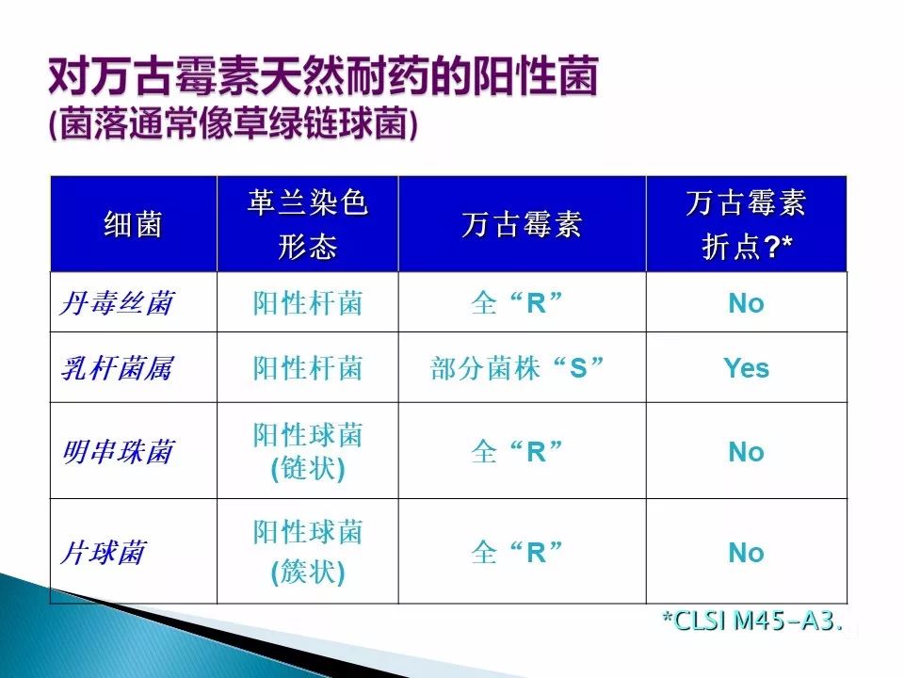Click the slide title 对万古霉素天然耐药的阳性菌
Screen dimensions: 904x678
[x=323, y=76]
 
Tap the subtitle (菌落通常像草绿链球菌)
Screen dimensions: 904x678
[x=234, y=122]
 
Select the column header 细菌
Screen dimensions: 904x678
[x=133, y=224]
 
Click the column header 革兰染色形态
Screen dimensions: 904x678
[x=307, y=224]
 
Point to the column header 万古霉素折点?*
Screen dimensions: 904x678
[x=746, y=224]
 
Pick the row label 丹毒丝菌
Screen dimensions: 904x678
[x=117, y=302]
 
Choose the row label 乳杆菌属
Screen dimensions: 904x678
[x=117, y=368]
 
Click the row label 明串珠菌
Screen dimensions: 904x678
[x=118, y=451]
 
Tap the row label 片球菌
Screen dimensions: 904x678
[x=103, y=553]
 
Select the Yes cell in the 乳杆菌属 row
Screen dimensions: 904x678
[x=746, y=368]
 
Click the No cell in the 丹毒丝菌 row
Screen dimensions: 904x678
[x=746, y=303]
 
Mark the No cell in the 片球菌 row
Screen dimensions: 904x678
[x=746, y=553]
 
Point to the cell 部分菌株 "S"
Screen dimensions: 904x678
[x=517, y=368]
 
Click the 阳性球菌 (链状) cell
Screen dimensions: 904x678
[x=308, y=451]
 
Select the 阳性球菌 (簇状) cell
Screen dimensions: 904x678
[x=308, y=552]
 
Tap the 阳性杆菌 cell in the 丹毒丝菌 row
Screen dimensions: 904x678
[x=308, y=303]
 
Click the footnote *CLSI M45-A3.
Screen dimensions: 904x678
[x=753, y=621]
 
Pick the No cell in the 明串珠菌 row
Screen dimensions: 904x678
[x=746, y=452]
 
